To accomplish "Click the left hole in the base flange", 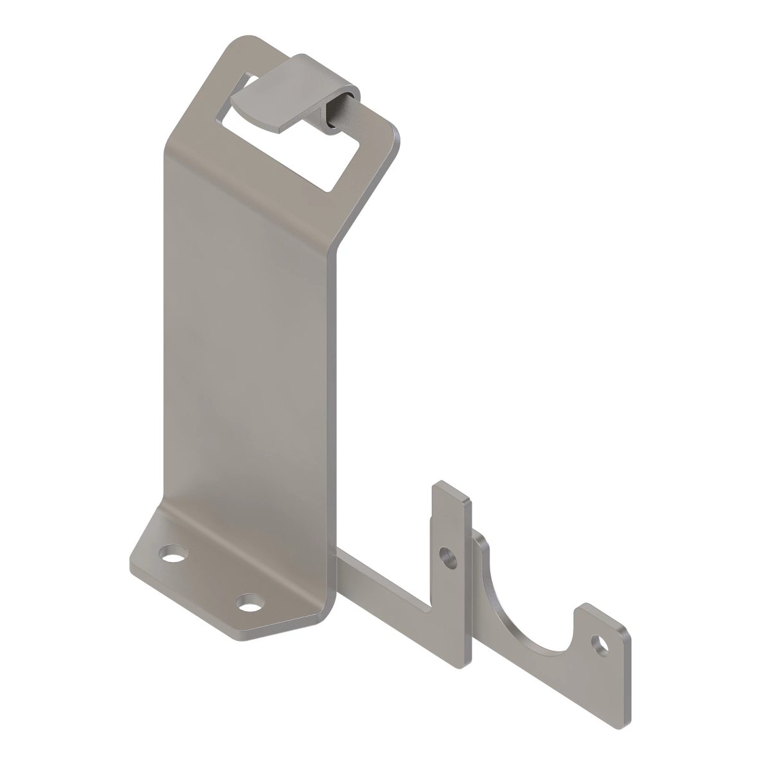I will click(171, 553).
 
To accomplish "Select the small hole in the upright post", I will click(447, 556).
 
